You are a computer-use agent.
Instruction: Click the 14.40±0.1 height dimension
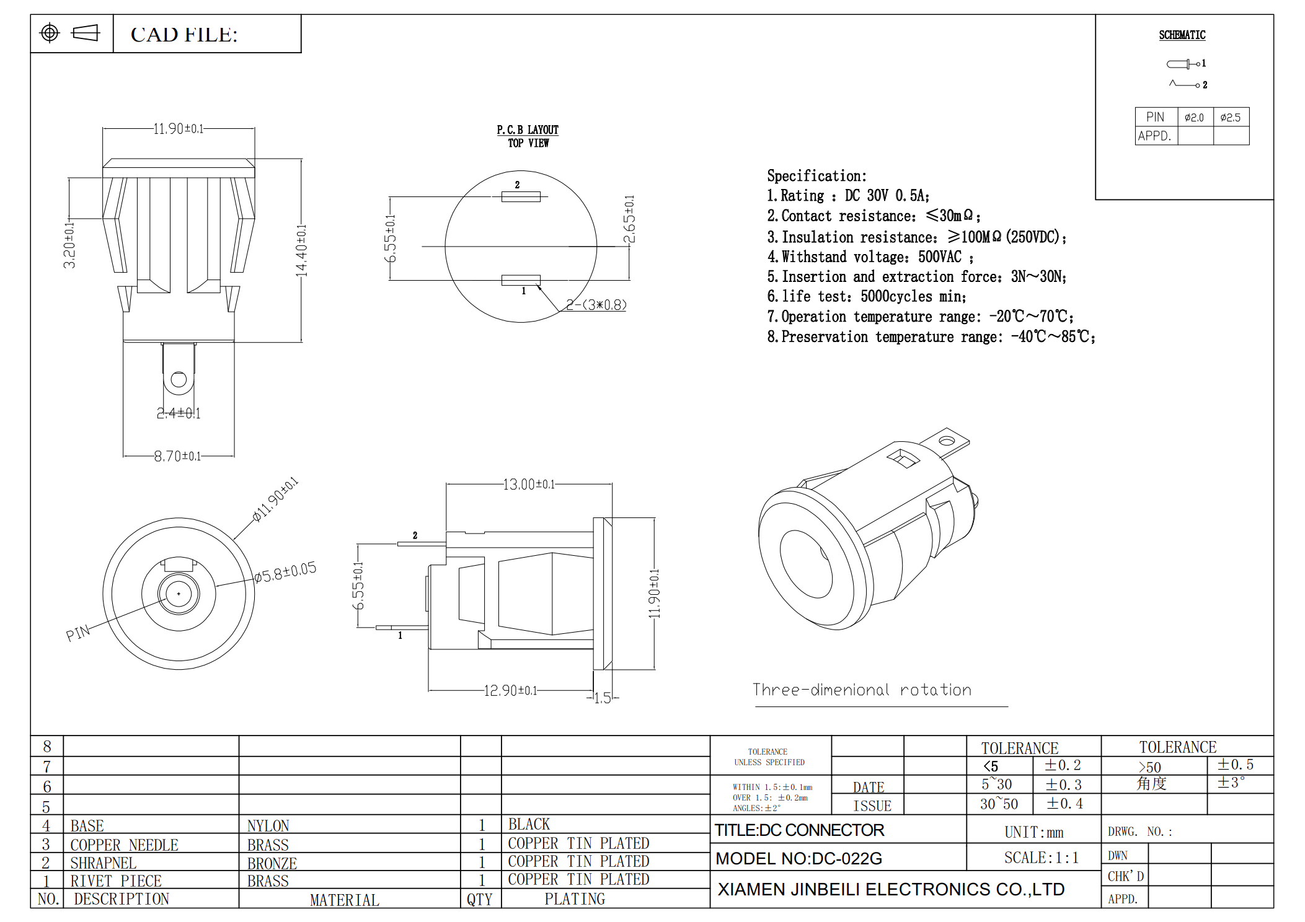click(301, 250)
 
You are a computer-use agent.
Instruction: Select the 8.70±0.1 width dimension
click(177, 456)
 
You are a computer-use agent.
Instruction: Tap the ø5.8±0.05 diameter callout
click(285, 573)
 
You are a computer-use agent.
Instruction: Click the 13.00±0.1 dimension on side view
click(528, 484)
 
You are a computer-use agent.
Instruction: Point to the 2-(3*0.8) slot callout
click(596, 305)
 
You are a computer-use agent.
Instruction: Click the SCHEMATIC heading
click(1182, 35)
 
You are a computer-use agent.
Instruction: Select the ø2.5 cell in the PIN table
click(1230, 117)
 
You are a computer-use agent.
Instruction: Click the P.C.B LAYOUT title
click(527, 130)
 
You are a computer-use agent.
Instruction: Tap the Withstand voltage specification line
click(869, 257)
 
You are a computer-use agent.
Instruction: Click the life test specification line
click(866, 297)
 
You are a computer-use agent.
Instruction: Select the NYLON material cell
click(268, 825)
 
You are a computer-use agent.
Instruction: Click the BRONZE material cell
click(272, 863)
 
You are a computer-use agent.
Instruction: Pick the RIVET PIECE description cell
click(116, 880)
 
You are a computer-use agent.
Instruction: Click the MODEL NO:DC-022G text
click(798, 858)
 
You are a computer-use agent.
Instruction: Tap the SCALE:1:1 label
click(1041, 858)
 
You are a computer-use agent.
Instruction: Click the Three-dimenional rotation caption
click(862, 690)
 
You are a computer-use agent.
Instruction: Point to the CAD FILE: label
click(184, 35)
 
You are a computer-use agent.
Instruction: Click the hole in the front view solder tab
click(179, 379)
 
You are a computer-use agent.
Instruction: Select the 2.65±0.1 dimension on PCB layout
click(629, 219)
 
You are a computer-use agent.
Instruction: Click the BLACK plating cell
click(529, 824)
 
